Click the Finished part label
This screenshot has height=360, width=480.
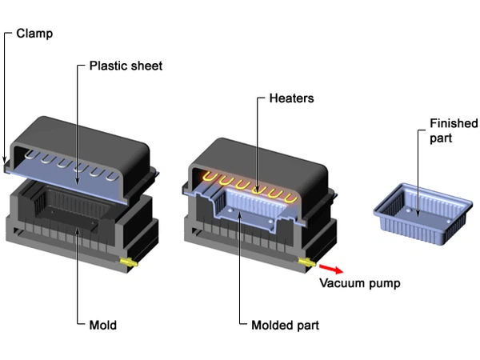pos(453,130)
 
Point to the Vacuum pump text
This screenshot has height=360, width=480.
pos(359,282)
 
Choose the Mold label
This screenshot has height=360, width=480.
pos(102,325)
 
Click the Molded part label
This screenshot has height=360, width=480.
pos(285,325)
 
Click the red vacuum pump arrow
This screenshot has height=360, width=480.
pos(329,268)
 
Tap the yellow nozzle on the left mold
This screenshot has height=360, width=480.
pos(128,262)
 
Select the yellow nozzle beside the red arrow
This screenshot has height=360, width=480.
pos(307,261)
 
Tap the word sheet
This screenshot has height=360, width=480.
pos(147,66)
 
